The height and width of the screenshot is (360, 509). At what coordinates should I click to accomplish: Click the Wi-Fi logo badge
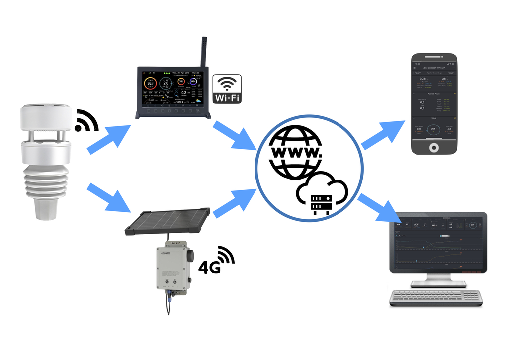coord(227,89)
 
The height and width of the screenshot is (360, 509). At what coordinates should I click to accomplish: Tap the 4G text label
coord(209,267)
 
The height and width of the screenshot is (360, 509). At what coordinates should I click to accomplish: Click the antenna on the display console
coord(203,52)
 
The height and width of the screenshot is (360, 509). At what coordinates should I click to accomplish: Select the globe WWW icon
coord(294,152)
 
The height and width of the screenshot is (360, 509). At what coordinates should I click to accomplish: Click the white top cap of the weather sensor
coord(45,114)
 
